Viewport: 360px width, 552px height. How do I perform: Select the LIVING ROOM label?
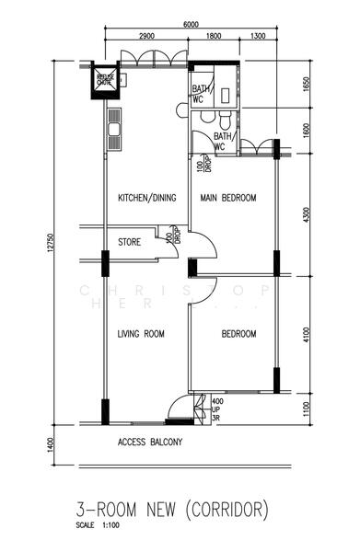(141, 334)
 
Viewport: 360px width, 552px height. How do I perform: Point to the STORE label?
(129, 244)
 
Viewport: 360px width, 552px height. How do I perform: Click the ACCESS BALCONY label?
(150, 442)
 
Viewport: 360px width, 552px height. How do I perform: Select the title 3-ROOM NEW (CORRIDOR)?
(173, 509)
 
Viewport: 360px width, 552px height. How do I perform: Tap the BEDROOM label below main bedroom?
(238, 334)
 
